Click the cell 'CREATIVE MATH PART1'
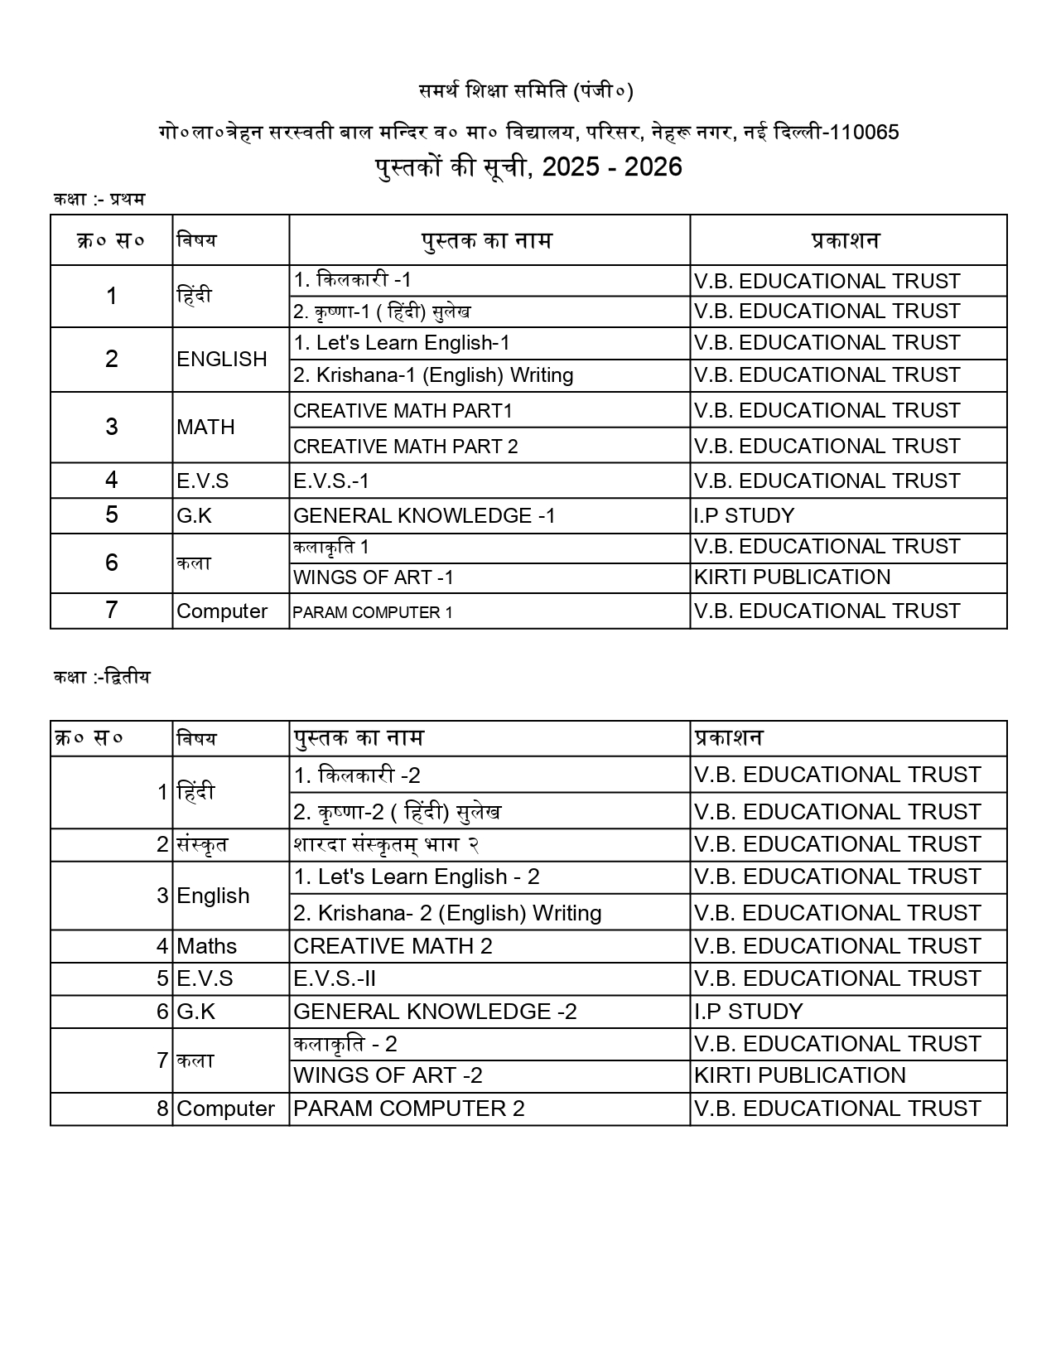(x=403, y=411)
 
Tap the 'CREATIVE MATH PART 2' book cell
(x=406, y=447)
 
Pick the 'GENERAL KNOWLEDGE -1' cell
(x=424, y=516)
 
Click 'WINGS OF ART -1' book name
(x=374, y=577)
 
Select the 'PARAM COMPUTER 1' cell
(x=373, y=612)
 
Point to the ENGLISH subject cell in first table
(x=222, y=360)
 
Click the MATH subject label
(x=205, y=427)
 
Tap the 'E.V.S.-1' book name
(x=331, y=481)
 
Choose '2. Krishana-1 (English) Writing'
(x=433, y=375)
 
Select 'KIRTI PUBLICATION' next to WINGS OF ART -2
(x=800, y=1075)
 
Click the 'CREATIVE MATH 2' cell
(x=393, y=946)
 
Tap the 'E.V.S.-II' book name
(x=335, y=978)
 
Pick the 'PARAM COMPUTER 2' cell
(x=409, y=1109)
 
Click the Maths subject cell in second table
(x=207, y=946)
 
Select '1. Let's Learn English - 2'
(x=417, y=877)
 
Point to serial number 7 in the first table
(x=112, y=611)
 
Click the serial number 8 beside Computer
(x=162, y=1109)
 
